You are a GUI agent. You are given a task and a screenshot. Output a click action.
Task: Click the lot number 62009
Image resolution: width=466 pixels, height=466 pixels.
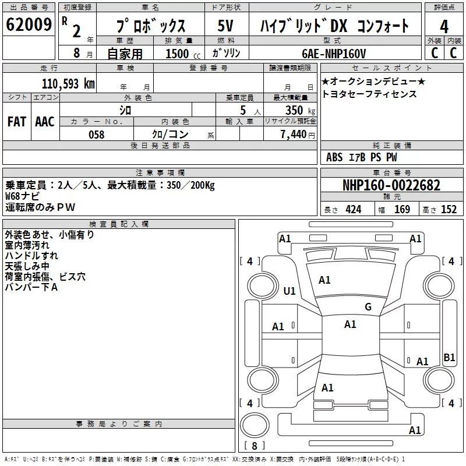[29, 24]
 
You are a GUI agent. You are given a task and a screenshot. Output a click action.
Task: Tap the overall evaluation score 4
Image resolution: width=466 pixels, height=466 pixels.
[444, 27]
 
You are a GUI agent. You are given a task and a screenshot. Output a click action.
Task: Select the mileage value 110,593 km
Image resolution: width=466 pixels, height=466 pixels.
[68, 84]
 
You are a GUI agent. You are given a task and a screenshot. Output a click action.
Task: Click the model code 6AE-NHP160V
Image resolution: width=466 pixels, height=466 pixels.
[334, 54]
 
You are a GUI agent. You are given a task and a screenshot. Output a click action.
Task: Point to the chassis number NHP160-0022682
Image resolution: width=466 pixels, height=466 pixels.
[391, 185]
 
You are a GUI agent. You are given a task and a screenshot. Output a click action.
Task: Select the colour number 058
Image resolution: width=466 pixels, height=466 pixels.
[97, 135]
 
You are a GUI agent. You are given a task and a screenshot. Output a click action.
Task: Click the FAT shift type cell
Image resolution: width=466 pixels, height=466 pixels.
[17, 122]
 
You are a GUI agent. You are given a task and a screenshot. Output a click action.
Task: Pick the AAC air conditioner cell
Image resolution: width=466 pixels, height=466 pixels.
[45, 122]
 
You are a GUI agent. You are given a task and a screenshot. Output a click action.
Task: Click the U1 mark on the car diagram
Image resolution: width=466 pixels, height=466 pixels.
[290, 291]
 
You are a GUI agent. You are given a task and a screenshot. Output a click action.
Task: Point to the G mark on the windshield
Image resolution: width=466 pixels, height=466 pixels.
[368, 307]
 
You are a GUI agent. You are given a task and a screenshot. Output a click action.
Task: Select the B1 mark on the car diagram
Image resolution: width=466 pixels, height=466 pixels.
[449, 357]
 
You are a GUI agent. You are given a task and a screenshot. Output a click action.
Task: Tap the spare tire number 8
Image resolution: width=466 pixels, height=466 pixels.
[255, 446]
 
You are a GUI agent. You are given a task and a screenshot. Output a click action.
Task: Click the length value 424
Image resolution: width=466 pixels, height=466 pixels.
[354, 210]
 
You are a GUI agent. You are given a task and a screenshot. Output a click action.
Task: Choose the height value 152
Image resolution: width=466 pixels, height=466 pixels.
[449, 210]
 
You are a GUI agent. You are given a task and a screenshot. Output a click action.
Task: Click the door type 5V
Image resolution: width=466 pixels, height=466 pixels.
[225, 26]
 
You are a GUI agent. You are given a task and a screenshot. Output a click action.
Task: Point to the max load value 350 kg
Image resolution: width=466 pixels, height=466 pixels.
[300, 110]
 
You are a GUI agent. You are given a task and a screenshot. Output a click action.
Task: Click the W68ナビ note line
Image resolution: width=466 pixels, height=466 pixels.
[22, 196]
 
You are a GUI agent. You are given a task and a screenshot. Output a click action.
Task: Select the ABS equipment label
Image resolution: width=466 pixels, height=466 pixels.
[334, 157]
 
